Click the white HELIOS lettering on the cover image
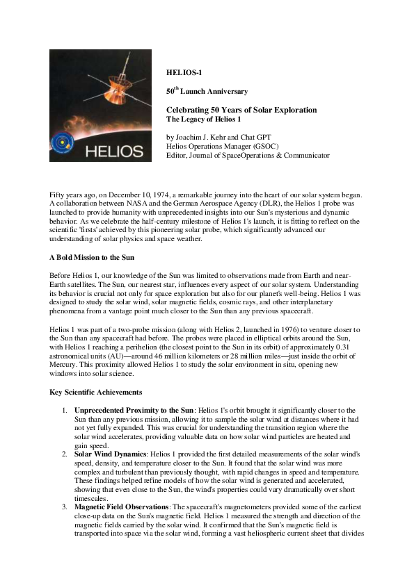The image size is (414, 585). [115, 151]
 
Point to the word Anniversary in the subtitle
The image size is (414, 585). [223, 91]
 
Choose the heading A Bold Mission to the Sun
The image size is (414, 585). [91, 257]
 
